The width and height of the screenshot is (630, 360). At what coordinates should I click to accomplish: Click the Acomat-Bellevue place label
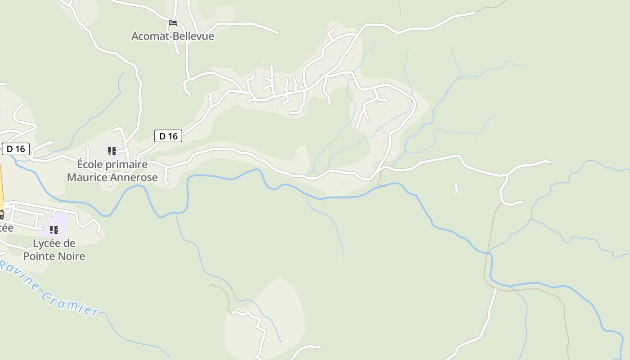tap(173, 36)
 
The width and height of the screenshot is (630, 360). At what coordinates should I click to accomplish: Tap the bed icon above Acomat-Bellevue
tap(173, 22)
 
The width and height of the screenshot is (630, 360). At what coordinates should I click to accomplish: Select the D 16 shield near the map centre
tap(168, 136)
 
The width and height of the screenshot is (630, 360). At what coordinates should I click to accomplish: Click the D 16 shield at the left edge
tap(16, 149)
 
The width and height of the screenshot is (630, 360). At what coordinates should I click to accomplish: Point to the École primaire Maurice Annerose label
tap(112, 171)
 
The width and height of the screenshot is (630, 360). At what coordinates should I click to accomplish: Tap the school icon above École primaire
tap(112, 151)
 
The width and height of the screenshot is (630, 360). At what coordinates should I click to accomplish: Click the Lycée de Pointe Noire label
tap(54, 250)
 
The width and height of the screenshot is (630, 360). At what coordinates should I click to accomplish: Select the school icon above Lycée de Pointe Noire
tap(54, 230)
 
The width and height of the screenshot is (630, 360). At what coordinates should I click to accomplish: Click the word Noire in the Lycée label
tap(72, 256)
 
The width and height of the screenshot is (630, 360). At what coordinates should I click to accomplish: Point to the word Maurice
tap(87, 177)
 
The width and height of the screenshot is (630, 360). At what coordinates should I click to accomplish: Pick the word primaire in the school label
tap(126, 165)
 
